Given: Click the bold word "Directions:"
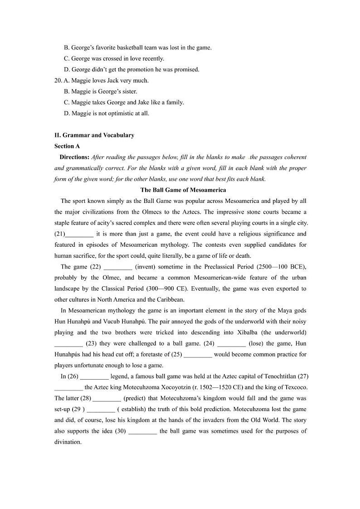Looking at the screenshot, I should click(74, 157).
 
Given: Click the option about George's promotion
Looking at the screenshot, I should click(131, 69).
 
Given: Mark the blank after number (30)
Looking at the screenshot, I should click(142, 431).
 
